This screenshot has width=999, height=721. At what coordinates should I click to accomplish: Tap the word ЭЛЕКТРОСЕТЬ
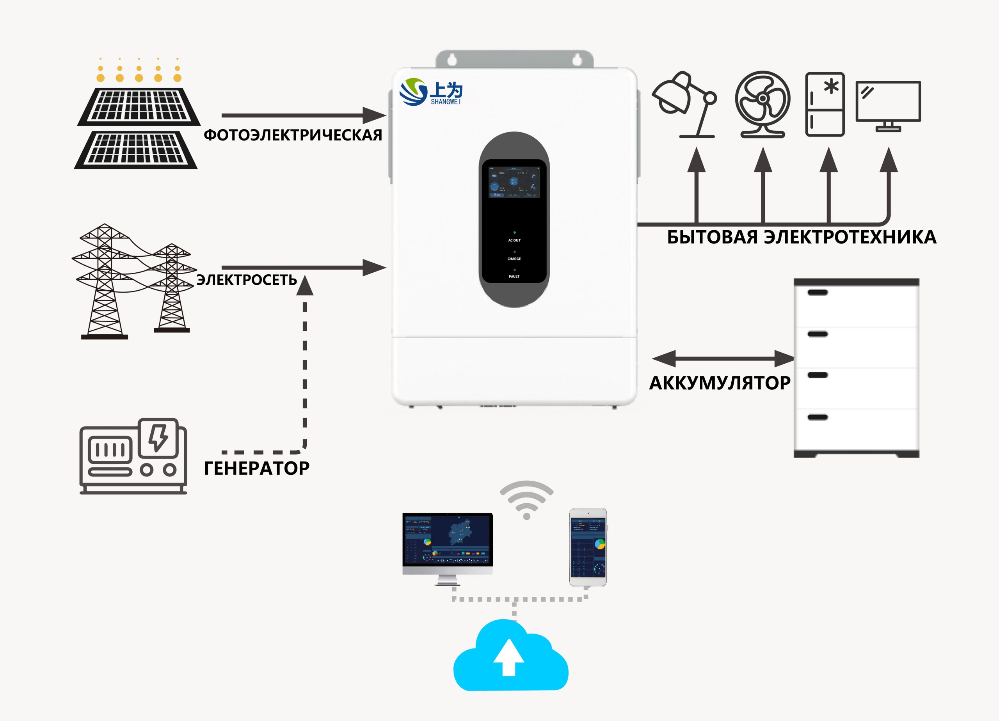point(246,280)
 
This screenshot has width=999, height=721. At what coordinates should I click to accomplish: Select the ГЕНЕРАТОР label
point(256,468)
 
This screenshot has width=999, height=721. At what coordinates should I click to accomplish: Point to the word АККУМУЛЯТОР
point(719,383)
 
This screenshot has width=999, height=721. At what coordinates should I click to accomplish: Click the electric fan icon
point(763,105)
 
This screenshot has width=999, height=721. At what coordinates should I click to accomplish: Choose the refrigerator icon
point(825,105)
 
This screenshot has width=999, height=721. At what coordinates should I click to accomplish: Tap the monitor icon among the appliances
point(888,106)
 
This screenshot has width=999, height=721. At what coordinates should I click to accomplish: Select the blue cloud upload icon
point(510,656)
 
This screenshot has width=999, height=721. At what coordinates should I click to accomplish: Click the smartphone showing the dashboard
point(588,547)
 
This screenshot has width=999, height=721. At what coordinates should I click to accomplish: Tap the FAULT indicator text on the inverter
point(514,277)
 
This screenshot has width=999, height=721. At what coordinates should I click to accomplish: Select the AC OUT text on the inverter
point(514,240)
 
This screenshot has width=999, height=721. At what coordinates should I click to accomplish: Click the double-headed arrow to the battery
point(722,359)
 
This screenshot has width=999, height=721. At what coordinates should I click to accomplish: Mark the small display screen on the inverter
point(514,182)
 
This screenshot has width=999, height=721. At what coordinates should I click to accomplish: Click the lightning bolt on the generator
point(158,437)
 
